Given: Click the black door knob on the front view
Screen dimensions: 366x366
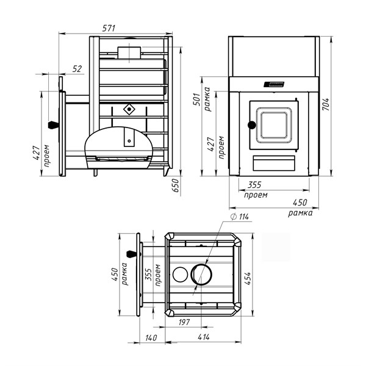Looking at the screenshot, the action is tap(250, 126).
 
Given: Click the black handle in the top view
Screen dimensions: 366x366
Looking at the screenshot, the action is tap(130, 254).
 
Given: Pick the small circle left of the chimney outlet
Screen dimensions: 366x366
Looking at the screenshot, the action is tap(181, 273).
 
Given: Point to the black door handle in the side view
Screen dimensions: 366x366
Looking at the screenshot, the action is tap(53, 126).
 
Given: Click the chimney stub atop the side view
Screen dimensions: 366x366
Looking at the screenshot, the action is tap(129, 53).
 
